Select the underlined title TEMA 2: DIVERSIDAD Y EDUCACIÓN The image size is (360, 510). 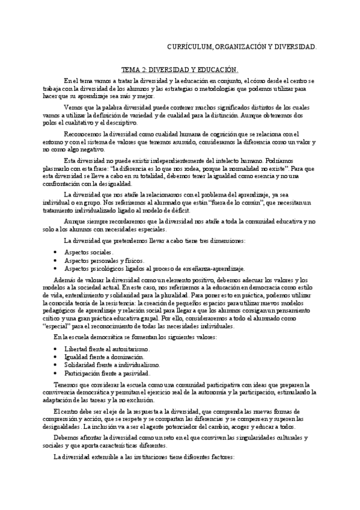click(x=180, y=69)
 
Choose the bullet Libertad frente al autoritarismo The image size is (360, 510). click(x=109, y=349)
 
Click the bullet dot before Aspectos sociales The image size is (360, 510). click(x=55, y=253)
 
